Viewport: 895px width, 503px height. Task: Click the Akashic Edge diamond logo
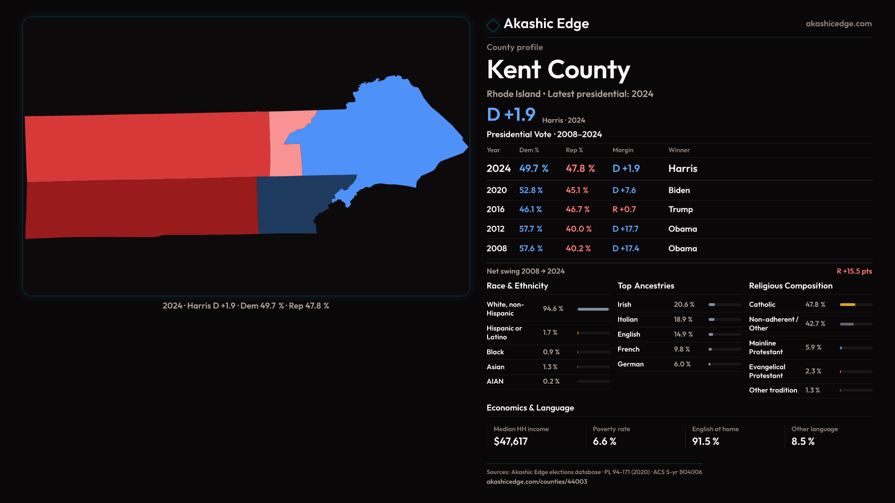point(493,25)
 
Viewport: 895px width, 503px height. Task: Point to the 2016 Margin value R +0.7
point(624,210)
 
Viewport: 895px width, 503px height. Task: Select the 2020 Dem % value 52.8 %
point(531,190)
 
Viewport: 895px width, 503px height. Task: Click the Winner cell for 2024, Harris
point(682,169)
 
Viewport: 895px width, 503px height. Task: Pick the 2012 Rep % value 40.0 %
point(578,229)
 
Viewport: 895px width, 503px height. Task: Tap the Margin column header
point(623,150)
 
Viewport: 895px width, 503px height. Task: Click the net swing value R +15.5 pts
point(854,271)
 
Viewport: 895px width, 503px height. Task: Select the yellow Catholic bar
point(847,305)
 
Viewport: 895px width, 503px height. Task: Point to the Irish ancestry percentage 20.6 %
point(684,305)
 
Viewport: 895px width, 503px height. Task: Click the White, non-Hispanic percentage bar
point(593,309)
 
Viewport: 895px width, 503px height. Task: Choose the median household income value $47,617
point(510,442)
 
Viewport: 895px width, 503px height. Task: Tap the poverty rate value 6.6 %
point(605,442)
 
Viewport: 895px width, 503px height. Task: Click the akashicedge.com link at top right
point(839,24)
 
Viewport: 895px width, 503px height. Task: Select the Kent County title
point(558,70)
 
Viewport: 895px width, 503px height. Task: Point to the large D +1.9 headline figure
point(511,115)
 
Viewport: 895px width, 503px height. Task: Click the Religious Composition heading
point(791,286)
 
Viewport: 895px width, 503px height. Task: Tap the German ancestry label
point(630,364)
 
